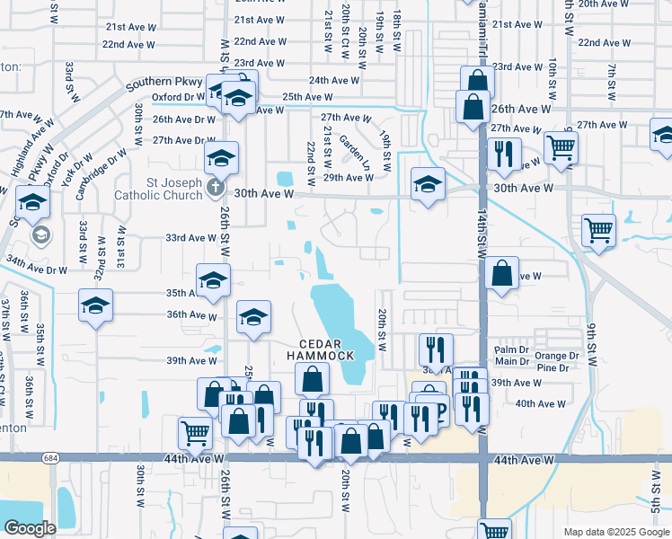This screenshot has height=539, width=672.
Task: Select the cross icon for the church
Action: tap(214, 188)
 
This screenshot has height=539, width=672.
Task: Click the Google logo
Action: tap(31, 528)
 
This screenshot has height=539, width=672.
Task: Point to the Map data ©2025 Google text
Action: tap(616, 532)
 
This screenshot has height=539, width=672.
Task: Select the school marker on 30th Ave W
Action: tap(428, 185)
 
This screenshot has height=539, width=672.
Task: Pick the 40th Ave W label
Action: tap(541, 403)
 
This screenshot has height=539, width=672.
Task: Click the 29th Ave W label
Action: tap(349, 178)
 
